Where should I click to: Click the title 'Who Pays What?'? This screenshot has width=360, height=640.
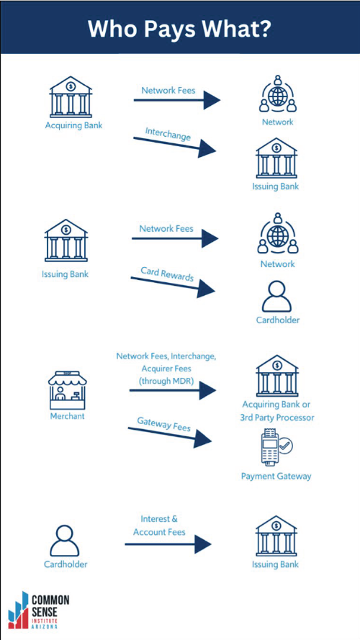tap(179, 29)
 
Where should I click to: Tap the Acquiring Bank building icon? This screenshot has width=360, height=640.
tap(71, 96)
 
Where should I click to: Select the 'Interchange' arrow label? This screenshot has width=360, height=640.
tap(168, 134)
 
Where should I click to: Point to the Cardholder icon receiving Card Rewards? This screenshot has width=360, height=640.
tap(277, 297)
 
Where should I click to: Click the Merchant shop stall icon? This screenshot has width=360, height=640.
tap(68, 390)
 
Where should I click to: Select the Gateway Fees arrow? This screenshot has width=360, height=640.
tap(170, 434)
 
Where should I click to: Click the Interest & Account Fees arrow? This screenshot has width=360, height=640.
tap(168, 544)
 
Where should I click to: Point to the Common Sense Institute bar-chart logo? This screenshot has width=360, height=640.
tap(18, 610)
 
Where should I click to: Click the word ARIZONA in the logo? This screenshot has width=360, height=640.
tap(44, 626)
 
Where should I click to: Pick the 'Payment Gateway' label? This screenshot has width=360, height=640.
tap(276, 476)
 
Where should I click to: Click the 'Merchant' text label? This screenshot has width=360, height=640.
tap(67, 416)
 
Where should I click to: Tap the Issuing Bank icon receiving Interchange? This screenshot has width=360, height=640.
tap(276, 158)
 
